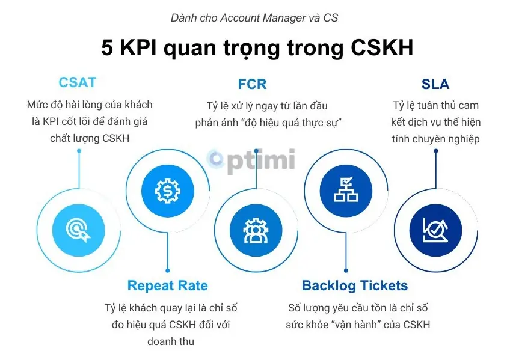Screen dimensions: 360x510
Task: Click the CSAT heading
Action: click(78, 83)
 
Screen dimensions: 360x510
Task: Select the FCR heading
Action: click(253, 84)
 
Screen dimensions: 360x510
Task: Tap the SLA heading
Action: click(435, 84)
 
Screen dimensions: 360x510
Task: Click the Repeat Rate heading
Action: click(167, 285)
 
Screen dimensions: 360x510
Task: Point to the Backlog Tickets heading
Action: click(355, 285)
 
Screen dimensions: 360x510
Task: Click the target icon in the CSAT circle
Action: click(79, 228)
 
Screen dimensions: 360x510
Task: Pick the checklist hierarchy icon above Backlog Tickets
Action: click(345, 190)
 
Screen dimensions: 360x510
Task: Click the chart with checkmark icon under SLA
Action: click(435, 228)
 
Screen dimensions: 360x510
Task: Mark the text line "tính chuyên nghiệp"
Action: click(435, 139)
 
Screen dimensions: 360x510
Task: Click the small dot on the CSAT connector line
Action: click(79, 150)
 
